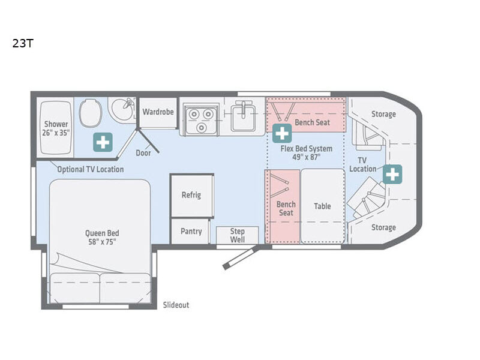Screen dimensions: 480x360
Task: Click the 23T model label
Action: (x=23, y=43)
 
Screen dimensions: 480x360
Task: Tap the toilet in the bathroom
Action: (x=91, y=113)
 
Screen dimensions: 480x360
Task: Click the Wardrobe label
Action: (x=158, y=112)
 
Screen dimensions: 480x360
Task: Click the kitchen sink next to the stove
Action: (x=244, y=116)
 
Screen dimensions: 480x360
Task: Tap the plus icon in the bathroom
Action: (x=103, y=142)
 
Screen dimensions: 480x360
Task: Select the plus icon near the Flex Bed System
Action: (x=282, y=133)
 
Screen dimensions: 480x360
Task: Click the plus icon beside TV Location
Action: (x=392, y=174)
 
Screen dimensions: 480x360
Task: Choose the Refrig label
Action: (x=191, y=195)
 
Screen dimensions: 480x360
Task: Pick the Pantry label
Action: (x=191, y=231)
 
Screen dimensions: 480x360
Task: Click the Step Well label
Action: (x=237, y=235)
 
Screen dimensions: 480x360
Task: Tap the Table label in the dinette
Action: (x=322, y=206)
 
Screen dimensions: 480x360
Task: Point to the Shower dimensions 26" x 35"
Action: (x=56, y=133)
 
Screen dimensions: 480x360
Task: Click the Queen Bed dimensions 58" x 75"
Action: (x=102, y=242)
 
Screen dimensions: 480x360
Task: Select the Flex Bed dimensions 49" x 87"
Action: (x=306, y=157)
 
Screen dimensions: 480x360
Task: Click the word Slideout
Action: (x=176, y=305)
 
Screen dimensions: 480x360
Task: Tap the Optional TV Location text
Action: (x=91, y=169)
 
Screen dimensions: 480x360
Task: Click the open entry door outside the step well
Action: (x=241, y=258)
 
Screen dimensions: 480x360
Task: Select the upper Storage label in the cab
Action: (x=383, y=114)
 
